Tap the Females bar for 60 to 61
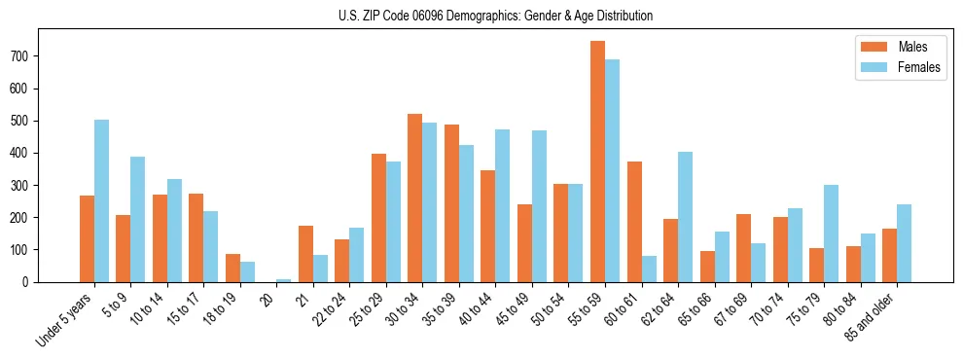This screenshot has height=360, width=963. coord(649,269)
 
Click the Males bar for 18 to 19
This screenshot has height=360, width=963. coord(232,268)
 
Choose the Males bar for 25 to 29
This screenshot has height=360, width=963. coord(378,218)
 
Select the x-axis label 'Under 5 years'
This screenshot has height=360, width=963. coord(65,318)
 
